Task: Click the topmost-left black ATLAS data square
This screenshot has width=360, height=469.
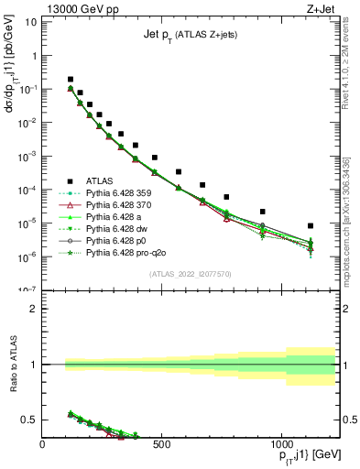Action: (71, 80)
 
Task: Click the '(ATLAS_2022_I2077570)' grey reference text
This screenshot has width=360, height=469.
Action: (190, 275)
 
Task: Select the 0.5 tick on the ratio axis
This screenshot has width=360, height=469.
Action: (32, 420)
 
